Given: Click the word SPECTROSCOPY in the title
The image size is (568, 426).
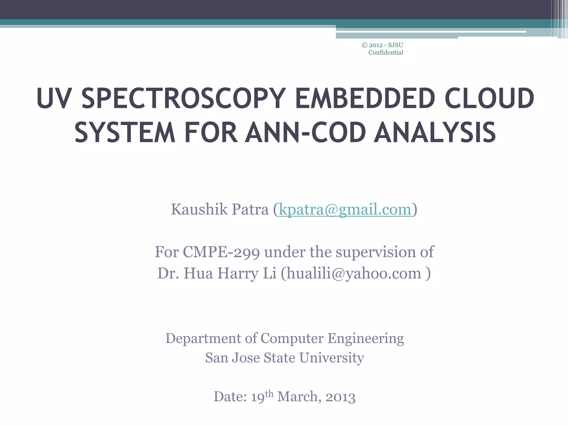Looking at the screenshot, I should (x=183, y=98).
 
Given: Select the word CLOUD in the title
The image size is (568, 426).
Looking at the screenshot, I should (x=489, y=98).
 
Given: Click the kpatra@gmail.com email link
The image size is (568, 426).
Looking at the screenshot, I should (x=345, y=209).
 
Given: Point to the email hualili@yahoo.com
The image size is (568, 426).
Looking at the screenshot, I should (x=354, y=273).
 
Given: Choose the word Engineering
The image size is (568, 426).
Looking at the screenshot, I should (x=366, y=338).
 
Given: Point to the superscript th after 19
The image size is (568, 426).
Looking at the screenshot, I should (x=269, y=394).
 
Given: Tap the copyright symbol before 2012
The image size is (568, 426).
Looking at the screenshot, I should (x=365, y=45).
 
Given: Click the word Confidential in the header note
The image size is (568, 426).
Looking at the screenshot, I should (x=386, y=53).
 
